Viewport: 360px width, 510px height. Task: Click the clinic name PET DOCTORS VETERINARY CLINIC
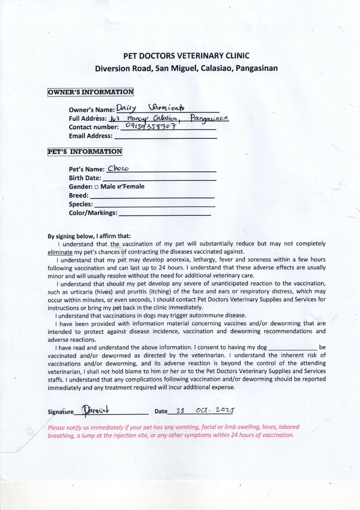[186, 56]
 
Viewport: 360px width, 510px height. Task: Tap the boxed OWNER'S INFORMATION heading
[91, 92]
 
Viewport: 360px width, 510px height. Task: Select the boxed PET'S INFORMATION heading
[85, 152]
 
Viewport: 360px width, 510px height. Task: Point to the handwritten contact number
[148, 126]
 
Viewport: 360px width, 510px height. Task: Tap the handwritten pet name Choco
[119, 168]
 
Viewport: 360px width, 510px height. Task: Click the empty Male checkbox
[96, 187]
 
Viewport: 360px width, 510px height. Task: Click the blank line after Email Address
[166, 136]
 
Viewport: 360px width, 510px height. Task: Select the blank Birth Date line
[159, 178]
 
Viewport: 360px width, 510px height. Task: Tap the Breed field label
[78, 195]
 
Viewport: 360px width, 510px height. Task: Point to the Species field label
[81, 204]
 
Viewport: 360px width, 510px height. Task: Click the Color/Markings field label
[93, 213]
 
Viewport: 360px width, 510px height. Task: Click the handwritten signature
[98, 410]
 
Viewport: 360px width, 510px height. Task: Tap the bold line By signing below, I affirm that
[89, 236]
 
